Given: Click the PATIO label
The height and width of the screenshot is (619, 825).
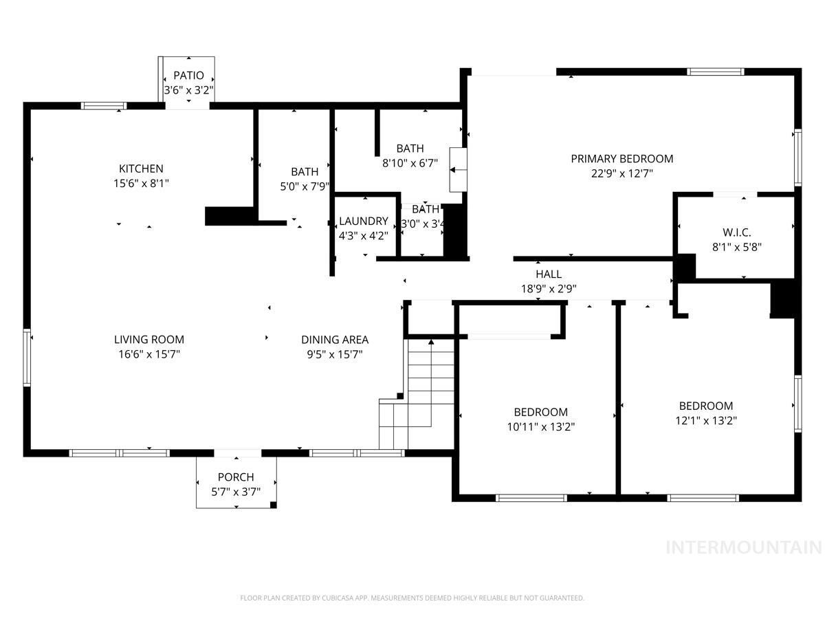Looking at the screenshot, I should (x=188, y=75).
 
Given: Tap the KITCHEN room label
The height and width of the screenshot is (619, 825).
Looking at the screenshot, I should (x=141, y=169).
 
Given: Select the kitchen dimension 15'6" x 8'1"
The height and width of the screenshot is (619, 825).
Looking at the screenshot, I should (x=141, y=184).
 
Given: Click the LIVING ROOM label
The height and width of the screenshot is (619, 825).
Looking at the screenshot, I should (x=149, y=339).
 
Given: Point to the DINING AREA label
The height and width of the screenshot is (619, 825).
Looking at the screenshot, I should (x=335, y=339).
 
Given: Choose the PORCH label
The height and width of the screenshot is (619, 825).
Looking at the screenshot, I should (x=236, y=477).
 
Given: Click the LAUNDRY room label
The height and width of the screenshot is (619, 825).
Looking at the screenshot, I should (x=364, y=221).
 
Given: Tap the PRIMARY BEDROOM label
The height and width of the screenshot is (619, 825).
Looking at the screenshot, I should (x=621, y=158).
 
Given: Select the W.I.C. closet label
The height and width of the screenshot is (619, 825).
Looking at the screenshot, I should (x=736, y=232).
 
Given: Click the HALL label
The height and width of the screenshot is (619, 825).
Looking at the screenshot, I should (x=549, y=274).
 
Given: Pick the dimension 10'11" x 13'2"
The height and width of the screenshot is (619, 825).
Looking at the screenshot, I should (x=540, y=426).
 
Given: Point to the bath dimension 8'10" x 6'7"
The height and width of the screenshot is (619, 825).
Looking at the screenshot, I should (x=410, y=163).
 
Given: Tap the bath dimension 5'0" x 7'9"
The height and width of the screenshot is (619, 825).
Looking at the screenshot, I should (x=305, y=186).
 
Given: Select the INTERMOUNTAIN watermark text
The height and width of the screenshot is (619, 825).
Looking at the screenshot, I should (x=744, y=547).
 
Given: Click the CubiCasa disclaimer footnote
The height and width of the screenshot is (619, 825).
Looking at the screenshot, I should (x=412, y=598).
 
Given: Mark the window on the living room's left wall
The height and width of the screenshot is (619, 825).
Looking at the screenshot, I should (x=27, y=358).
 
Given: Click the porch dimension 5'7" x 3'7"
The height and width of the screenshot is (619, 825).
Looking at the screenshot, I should (x=236, y=492).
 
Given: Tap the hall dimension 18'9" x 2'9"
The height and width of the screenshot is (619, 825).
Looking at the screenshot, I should (x=547, y=289).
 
